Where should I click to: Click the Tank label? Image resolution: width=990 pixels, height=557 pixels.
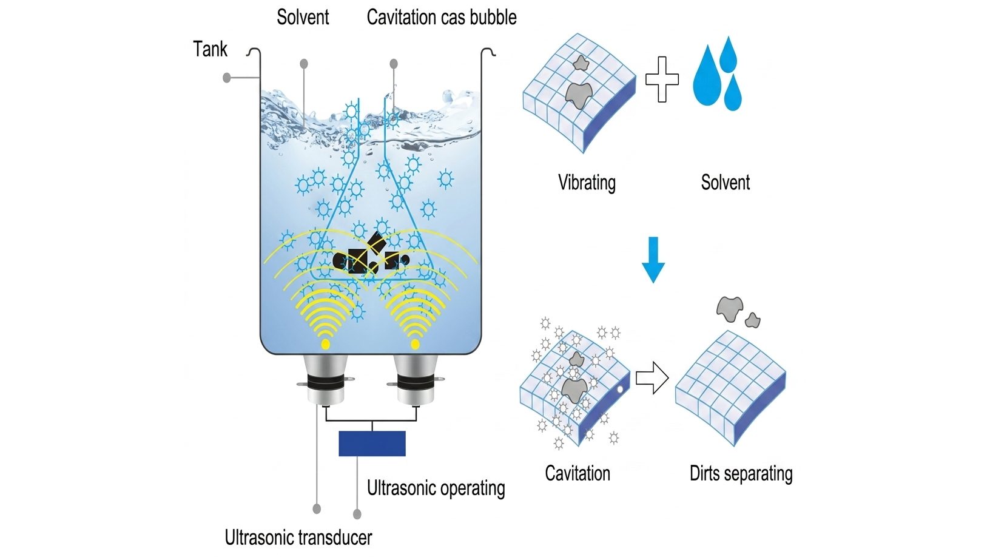210,49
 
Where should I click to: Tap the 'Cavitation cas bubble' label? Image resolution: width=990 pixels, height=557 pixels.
442,17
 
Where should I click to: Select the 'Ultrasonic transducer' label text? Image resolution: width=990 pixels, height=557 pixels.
298,538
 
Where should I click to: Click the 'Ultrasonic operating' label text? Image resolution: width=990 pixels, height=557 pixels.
436,488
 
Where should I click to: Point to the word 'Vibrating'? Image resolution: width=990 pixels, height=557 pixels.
587,183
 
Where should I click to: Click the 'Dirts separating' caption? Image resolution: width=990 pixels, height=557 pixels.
741,473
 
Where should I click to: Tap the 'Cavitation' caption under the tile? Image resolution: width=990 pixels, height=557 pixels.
577,473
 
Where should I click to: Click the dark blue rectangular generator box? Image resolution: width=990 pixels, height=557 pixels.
372,444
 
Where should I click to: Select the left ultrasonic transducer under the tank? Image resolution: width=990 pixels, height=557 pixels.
325,380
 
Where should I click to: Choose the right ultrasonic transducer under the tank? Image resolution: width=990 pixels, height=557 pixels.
416,380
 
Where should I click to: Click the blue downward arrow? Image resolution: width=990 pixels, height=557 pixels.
653,260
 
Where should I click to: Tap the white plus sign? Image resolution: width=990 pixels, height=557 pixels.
662,79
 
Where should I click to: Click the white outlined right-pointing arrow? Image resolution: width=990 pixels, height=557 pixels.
652,378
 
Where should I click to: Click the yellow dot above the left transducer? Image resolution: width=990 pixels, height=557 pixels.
325,344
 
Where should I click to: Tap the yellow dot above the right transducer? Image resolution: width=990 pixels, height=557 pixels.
415,344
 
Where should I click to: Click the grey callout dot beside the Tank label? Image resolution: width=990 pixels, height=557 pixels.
227,78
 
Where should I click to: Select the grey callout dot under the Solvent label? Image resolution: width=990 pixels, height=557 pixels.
304,64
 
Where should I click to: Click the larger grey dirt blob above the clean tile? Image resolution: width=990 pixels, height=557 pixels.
730,309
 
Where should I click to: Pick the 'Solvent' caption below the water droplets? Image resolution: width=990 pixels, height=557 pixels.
726,183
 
